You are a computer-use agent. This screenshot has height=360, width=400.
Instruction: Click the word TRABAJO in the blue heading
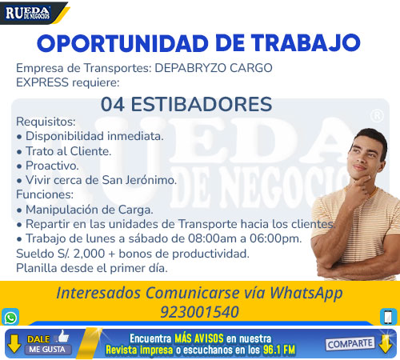coord(306,43)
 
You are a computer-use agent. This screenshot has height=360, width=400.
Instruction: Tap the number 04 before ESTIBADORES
coord(113,104)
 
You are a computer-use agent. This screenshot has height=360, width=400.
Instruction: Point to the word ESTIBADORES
coord(202,104)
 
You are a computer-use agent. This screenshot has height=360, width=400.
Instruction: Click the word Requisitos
coord(46,122)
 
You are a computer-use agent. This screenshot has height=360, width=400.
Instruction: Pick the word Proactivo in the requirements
coord(52,166)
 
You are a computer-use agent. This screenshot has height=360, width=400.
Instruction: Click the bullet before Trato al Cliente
coord(19,152)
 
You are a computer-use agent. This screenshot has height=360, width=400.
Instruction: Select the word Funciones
coord(45,194)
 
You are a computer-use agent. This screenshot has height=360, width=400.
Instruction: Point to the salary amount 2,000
coord(89,254)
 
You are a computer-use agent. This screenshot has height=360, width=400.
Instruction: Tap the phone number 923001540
coord(199,312)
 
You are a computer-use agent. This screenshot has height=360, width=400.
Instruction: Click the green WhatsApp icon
coord(10,317)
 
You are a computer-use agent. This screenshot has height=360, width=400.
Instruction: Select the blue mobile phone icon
coord(389,317)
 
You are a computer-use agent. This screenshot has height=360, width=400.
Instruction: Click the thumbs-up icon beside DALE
coord(63,336)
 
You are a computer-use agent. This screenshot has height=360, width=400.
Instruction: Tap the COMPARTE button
coord(350,344)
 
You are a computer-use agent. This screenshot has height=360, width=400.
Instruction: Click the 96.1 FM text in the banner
coord(279,350)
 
